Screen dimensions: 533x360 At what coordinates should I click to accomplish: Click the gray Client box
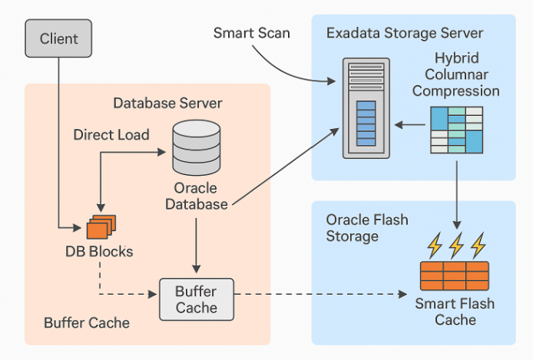(58, 38)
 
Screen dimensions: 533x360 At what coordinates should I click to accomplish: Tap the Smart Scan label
(252, 33)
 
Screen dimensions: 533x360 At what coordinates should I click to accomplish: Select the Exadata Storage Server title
(405, 33)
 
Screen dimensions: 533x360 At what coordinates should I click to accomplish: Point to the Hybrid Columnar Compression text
(456, 74)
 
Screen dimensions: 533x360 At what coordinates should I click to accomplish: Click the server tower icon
(366, 108)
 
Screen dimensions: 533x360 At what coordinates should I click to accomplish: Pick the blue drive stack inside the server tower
(366, 124)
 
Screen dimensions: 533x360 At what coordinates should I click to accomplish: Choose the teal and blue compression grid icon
(456, 130)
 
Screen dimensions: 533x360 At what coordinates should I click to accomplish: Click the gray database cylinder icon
(197, 147)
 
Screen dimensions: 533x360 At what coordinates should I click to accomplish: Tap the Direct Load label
(111, 135)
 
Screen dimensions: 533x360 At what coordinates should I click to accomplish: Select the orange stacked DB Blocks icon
(101, 227)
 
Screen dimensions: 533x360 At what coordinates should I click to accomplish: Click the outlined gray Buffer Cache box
(197, 299)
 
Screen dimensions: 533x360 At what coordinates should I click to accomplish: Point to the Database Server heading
(167, 104)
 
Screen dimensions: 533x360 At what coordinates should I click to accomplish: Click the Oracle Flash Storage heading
(367, 228)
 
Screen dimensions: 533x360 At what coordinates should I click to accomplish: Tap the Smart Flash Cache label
(455, 312)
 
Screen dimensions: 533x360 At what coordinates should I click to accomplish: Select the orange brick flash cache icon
(455, 276)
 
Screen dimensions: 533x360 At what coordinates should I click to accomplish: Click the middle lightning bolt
(456, 245)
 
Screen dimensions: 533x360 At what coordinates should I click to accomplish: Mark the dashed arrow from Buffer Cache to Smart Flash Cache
(320, 294)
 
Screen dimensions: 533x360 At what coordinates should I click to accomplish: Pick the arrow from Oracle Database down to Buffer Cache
(196, 245)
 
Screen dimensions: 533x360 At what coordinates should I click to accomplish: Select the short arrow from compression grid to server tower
(409, 125)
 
